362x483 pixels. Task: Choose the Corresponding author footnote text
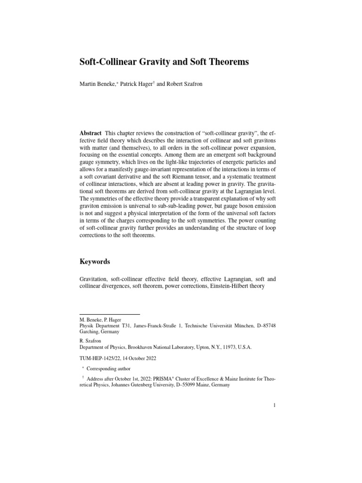111,369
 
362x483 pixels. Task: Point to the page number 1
274,405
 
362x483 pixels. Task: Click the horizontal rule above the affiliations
109,314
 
